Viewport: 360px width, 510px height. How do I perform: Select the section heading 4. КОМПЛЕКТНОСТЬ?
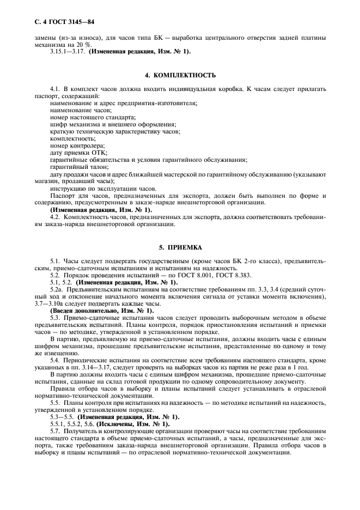point(180,75)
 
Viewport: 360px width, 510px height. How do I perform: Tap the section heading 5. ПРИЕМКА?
point(180,247)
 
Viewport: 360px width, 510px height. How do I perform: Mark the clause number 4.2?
point(56,216)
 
